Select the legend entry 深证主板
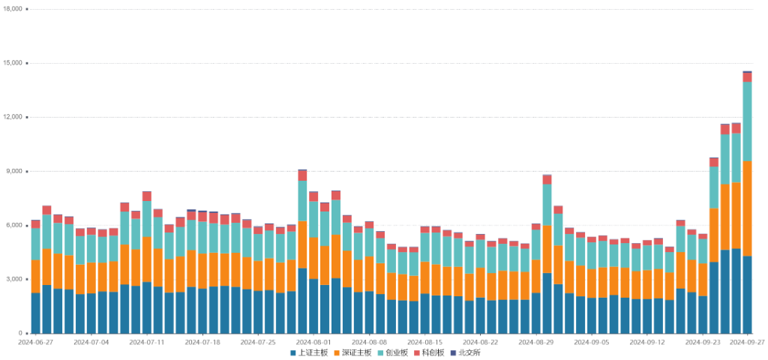[352, 352]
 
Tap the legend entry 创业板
[394, 352]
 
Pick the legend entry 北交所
[467, 352]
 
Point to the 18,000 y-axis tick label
[13, 9]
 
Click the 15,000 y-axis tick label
[13, 63]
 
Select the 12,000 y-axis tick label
[13, 117]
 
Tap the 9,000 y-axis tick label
[15, 171]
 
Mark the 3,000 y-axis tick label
[15, 279]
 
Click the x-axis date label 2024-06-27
[36, 341]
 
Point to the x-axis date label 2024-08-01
[313, 341]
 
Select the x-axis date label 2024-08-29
[535, 341]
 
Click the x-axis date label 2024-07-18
[202, 341]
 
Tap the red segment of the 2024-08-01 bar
[302, 175]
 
